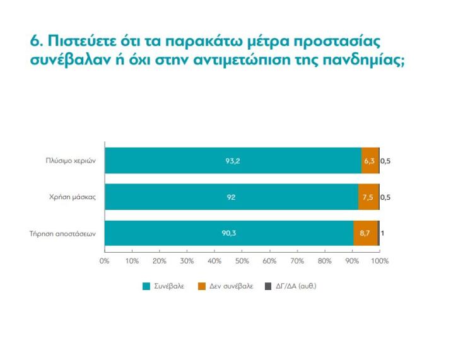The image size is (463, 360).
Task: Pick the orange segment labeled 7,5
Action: (x=368, y=197)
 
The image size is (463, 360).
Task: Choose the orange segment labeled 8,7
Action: (x=365, y=233)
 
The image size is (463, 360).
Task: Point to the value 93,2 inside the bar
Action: (x=233, y=161)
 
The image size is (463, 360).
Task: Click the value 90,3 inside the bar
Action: (x=229, y=233)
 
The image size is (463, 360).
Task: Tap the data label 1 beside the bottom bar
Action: (x=383, y=233)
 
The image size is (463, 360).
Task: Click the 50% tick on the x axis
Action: (x=242, y=260)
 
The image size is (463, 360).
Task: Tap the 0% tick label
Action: (x=105, y=260)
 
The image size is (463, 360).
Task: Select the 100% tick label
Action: (x=380, y=260)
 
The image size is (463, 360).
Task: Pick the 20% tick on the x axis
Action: (x=160, y=260)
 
